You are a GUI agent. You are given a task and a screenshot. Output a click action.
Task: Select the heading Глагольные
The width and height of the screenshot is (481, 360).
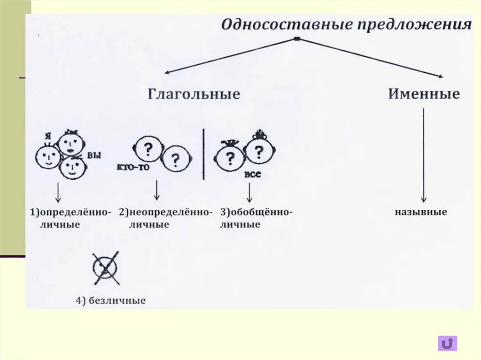click(194, 94)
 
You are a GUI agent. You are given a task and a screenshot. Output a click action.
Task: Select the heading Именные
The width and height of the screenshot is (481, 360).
click(424, 94)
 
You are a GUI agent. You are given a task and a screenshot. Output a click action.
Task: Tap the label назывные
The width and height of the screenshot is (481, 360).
click(421, 212)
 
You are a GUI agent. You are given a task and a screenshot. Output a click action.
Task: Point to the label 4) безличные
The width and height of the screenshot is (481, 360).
click(111, 300)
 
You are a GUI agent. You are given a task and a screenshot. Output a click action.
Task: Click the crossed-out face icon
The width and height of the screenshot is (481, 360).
click(106, 268)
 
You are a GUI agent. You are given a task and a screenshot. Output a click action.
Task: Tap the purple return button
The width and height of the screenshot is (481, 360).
click(447, 343)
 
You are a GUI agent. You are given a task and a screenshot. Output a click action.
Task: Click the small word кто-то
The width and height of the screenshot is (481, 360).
click(131, 167)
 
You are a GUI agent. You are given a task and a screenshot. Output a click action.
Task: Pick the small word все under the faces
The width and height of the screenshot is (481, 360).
click(252, 174)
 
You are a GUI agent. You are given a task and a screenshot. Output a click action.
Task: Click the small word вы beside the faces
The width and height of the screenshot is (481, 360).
click(94, 155)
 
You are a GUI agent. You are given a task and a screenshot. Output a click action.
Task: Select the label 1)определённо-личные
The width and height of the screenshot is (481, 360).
click(70, 218)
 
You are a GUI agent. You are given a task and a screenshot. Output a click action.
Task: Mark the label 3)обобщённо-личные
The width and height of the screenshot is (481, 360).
click(256, 218)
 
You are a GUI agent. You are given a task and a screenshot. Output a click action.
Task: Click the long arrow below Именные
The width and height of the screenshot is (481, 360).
click(424, 155)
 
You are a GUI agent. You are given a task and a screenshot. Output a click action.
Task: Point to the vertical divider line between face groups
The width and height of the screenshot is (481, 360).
click(203, 154)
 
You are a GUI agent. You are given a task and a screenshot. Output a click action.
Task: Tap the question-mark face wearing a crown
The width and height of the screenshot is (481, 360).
click(258, 150)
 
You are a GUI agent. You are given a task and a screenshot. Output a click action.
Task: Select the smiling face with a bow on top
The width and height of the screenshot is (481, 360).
click(71, 142)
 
